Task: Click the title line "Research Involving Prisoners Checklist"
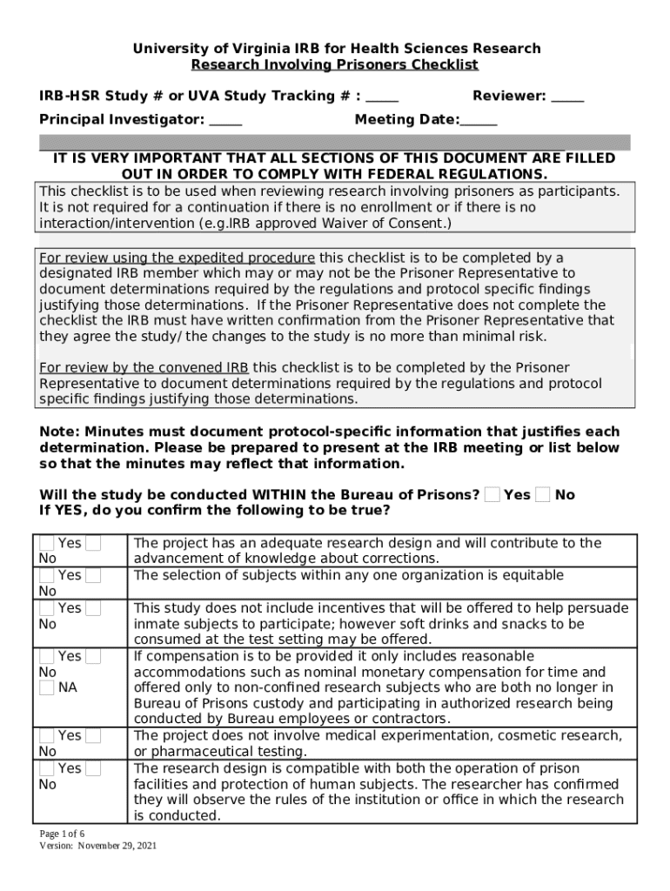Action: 335,65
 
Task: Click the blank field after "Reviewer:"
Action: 568,97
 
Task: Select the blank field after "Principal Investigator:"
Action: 226,120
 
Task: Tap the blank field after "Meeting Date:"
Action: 479,120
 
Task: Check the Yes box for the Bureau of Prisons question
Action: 492,495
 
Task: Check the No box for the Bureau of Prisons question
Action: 543,495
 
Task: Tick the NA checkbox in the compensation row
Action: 47,688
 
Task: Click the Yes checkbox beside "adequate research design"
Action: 47,544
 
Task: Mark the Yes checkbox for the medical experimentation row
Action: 47,736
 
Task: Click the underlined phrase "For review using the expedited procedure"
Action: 178,258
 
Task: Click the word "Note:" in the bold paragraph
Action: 60,432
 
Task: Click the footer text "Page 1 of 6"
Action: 62,834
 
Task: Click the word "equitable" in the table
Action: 533,576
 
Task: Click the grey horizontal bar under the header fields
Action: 335,143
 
